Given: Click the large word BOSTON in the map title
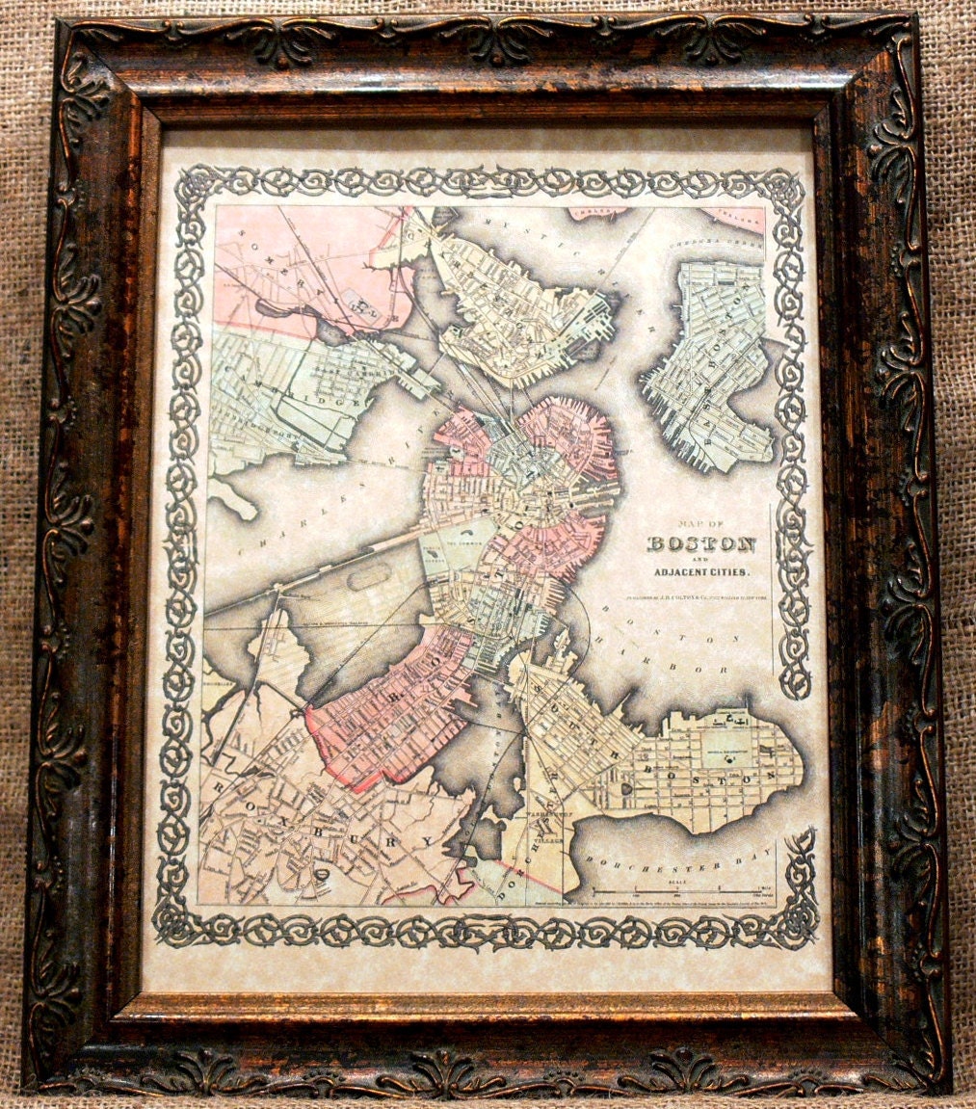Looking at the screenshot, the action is coord(699,543).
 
